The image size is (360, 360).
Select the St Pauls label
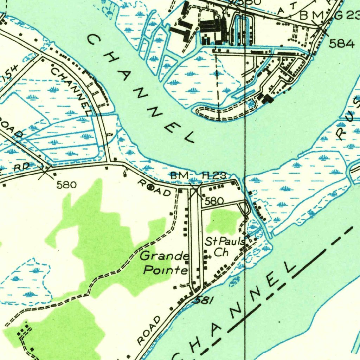click(225, 242)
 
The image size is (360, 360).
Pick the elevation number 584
click(342, 44)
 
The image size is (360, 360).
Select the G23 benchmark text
click(350, 15)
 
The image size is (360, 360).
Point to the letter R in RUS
click(340, 134)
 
